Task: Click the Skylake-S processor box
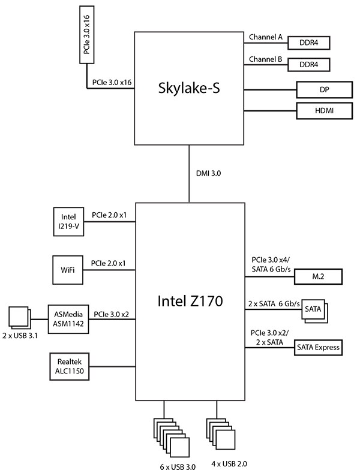(189, 88)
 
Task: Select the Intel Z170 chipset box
(190, 302)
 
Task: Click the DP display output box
(323, 89)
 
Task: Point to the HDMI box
(323, 111)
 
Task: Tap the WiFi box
(68, 270)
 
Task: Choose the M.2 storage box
(319, 276)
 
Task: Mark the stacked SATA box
(313, 311)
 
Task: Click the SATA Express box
(318, 347)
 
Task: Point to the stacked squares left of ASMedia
(20, 317)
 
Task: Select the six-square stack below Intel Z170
(172, 437)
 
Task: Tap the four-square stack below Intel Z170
(220, 433)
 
